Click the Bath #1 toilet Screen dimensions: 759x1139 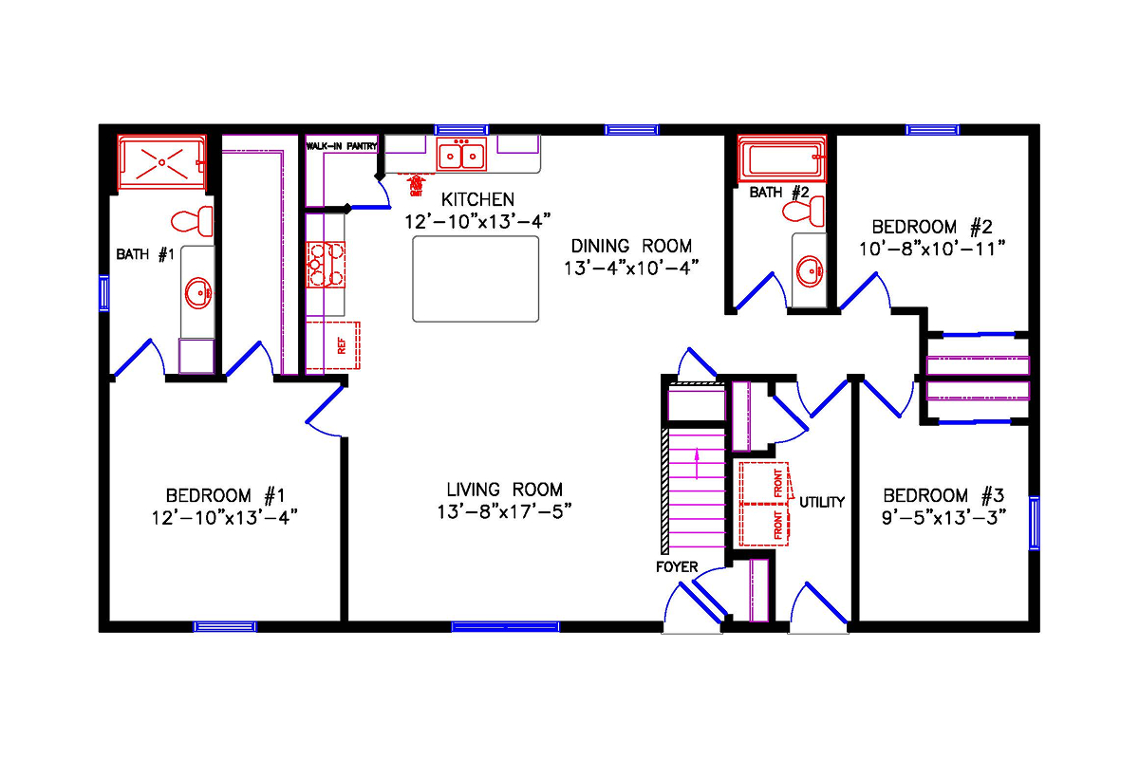pos(193,220)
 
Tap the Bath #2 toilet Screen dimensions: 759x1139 pos(806,213)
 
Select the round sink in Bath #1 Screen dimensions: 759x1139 pos(198,293)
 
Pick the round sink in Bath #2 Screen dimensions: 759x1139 pos(810,271)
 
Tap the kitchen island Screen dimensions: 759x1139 pos(476,278)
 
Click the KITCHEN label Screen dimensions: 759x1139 pos(478,200)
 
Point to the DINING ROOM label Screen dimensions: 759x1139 pos(630,246)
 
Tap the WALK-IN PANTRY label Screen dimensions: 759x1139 pos(342,146)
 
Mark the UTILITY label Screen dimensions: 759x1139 pos(821,502)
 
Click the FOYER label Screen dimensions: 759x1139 pos(677,567)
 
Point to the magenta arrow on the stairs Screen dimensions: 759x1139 pos(698,464)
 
